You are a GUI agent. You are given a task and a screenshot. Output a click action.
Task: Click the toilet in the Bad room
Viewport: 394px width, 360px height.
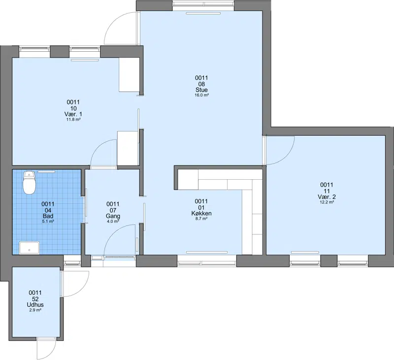[29, 183]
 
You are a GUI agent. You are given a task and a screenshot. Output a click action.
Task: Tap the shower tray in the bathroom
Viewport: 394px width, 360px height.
[30, 248]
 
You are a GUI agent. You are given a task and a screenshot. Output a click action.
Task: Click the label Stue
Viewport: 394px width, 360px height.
[201, 90]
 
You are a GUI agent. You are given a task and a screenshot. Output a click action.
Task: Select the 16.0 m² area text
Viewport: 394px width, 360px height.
[201, 95]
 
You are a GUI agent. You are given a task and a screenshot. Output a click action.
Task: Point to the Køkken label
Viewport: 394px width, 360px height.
[201, 213]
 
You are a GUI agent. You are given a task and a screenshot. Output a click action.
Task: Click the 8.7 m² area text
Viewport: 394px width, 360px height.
[201, 219]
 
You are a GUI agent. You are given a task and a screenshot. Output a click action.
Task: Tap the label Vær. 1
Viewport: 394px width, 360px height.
[73, 114]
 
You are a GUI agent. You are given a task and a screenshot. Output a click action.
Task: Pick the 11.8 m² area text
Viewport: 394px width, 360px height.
[73, 120]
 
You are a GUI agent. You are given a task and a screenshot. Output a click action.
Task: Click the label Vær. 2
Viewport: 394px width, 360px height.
[327, 196]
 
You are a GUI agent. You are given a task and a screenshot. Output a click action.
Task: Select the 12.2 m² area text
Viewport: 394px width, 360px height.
[327, 202]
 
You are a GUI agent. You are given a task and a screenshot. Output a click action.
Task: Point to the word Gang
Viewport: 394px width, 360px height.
[113, 216]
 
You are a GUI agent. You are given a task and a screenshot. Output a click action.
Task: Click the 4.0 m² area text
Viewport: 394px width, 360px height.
[113, 222]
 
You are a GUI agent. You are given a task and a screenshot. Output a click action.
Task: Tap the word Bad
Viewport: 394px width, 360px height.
[48, 216]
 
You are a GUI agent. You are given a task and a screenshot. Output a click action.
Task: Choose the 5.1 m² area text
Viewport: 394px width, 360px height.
[48, 222]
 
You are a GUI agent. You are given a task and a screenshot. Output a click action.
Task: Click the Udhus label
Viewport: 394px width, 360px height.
[35, 305]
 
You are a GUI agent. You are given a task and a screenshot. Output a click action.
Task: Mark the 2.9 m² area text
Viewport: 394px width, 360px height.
[35, 310]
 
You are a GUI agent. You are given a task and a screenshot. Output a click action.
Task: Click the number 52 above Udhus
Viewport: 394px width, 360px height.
[35, 299]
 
